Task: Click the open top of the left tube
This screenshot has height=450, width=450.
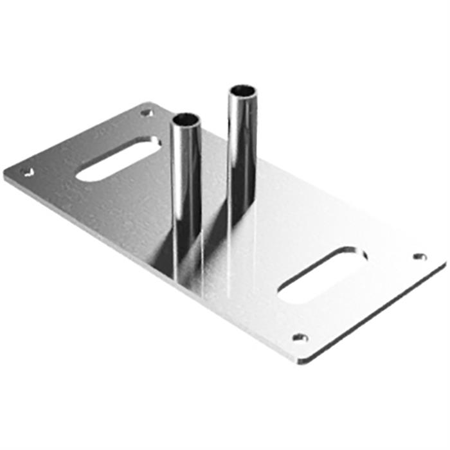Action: (x=186, y=120)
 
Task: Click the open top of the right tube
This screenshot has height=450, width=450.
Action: (x=242, y=91)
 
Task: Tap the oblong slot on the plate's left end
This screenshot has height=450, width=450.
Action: (x=118, y=159)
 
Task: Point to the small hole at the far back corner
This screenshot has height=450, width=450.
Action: (x=147, y=113)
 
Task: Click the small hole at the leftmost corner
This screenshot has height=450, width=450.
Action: (x=26, y=172)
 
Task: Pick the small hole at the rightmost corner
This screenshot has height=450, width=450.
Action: (x=420, y=256)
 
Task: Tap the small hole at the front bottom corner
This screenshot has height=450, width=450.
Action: (x=300, y=337)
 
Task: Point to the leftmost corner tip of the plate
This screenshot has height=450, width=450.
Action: (x=5, y=175)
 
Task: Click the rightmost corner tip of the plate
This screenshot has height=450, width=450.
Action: (x=444, y=262)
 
